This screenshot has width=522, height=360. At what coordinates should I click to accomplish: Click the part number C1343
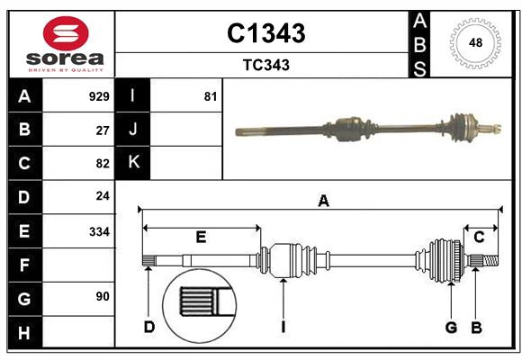point(265,33)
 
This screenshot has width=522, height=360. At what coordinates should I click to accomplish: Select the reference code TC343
point(265,65)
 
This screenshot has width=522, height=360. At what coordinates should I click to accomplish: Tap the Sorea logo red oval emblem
point(65,35)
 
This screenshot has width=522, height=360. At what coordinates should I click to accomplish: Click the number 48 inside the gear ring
point(475,42)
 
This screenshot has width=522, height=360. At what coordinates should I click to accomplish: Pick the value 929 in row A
point(99,95)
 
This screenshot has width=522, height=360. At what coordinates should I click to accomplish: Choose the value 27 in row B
point(103,129)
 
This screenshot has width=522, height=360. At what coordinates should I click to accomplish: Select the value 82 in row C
point(103,163)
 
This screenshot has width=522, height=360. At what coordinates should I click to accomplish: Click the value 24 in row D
point(103,196)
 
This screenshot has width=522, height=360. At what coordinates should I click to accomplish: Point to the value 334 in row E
point(99,231)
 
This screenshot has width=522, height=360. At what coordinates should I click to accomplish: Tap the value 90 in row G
point(103,295)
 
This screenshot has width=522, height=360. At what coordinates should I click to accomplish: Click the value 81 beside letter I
point(211,95)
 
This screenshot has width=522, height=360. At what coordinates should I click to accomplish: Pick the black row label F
point(23,265)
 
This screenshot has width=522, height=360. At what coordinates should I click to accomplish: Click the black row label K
point(133,163)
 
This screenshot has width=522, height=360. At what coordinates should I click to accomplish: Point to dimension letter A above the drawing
point(323,202)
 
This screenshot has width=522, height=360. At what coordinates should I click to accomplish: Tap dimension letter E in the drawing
point(201,238)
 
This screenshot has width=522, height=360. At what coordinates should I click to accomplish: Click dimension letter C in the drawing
point(479,237)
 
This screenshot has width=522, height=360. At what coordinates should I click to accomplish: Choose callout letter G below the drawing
point(451,327)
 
